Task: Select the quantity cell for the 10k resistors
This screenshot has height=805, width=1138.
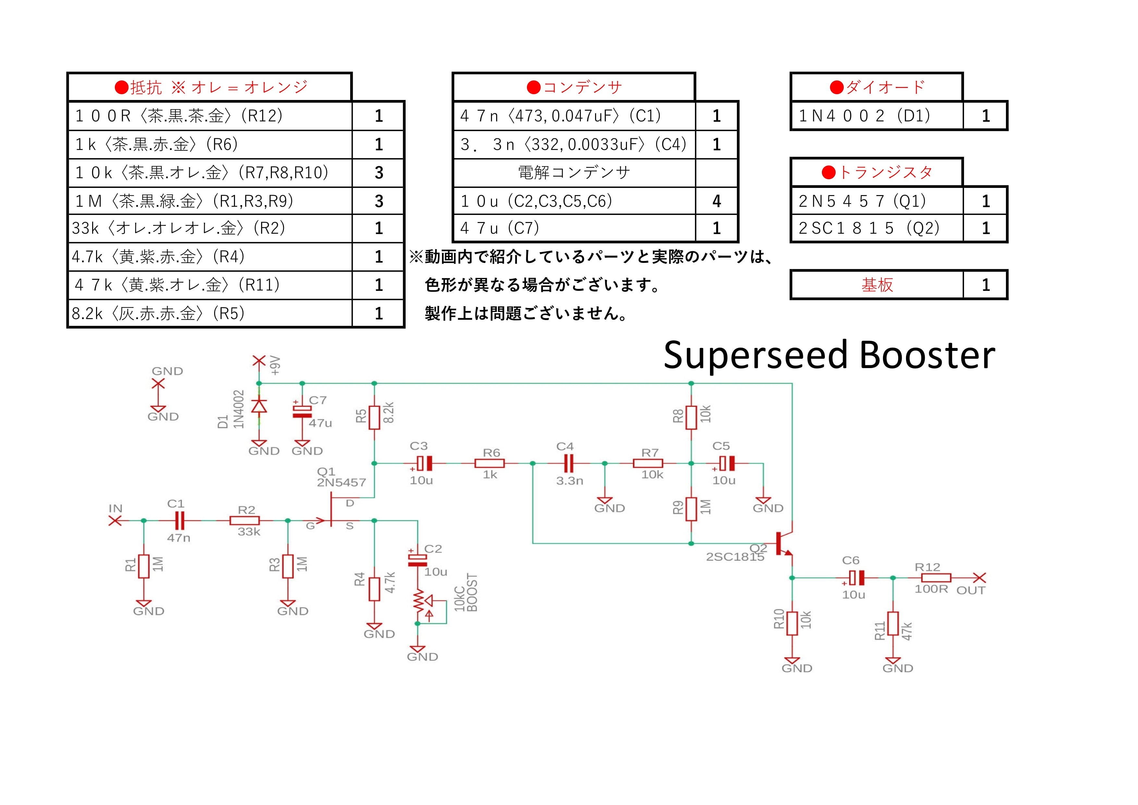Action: coord(379,172)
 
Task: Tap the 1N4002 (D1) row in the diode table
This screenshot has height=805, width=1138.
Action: coord(876,116)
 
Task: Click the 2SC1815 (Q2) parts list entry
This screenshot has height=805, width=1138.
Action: coord(876,228)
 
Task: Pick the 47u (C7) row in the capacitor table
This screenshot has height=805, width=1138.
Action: coord(574,228)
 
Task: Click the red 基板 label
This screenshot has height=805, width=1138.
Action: coord(877,285)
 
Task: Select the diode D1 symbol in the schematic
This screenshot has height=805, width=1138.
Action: coord(259,406)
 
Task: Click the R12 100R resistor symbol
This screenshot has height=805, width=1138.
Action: coord(936,577)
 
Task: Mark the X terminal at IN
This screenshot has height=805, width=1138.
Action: coord(115,520)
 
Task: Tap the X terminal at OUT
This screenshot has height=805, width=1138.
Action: coord(979,577)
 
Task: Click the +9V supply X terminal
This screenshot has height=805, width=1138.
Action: coord(259,361)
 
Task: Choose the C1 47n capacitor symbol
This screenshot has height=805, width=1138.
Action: coord(179,520)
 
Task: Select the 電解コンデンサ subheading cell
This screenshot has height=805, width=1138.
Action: coord(574,172)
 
